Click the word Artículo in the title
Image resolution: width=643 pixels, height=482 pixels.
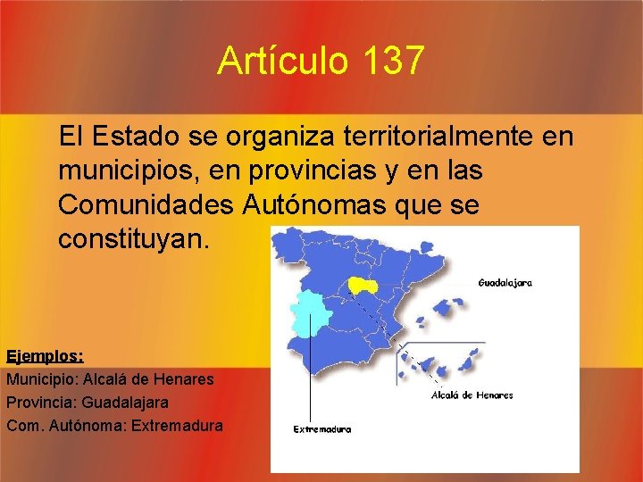[x=283, y=62]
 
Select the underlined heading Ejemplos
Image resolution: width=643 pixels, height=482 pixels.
[x=45, y=355]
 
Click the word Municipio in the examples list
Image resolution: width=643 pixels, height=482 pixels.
[x=41, y=378]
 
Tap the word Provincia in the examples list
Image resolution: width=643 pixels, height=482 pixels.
[x=40, y=402]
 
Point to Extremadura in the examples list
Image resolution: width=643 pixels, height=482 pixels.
[x=177, y=425]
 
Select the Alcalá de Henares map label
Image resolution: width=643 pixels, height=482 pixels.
[x=472, y=395]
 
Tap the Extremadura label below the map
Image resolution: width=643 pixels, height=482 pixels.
[x=322, y=428]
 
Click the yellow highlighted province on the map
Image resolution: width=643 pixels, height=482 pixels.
[x=362, y=285]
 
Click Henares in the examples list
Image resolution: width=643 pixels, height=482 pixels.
[x=186, y=378]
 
